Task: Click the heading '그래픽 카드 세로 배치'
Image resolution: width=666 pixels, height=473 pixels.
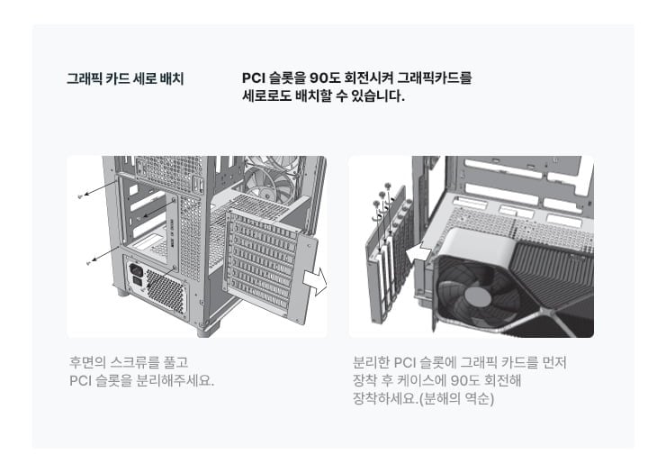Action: [x=125, y=78]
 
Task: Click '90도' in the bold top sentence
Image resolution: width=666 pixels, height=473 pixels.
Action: [x=324, y=78]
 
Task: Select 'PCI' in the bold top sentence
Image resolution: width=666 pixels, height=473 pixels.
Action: [x=253, y=78]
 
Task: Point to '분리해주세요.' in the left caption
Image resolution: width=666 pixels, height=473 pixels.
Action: [x=175, y=380]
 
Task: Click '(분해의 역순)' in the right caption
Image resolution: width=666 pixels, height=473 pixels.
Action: [x=456, y=399]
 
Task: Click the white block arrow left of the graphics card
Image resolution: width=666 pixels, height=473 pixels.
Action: [x=418, y=253]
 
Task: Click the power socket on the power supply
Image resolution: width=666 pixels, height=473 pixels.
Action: [x=136, y=268]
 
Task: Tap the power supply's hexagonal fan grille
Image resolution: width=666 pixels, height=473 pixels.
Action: [x=165, y=291]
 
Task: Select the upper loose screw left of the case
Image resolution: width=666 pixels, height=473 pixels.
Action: [x=81, y=196]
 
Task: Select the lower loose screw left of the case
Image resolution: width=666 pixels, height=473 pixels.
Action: [x=89, y=263]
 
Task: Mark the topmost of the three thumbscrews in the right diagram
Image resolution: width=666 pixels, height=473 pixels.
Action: [x=387, y=186]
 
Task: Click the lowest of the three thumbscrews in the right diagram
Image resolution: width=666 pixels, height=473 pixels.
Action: [x=376, y=204]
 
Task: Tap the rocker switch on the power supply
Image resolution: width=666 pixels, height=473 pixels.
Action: [x=138, y=281]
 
